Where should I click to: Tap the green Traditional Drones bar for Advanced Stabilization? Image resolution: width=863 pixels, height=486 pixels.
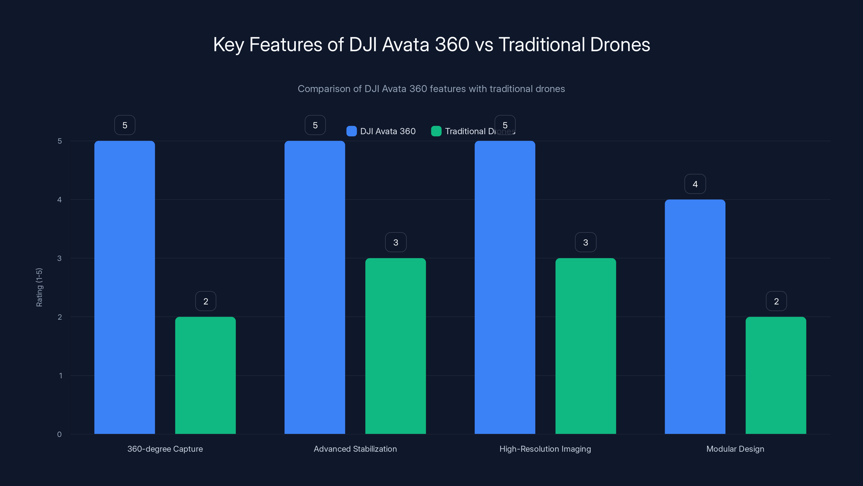coord(395,346)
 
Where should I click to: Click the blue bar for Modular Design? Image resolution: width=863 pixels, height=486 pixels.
coord(695,317)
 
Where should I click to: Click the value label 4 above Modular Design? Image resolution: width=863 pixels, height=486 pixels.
coord(695,184)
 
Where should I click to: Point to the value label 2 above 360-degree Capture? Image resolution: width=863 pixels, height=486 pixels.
coord(206,301)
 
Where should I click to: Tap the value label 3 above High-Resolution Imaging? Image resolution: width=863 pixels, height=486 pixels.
coord(585,242)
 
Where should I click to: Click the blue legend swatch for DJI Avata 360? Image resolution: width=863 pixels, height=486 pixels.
coord(351,131)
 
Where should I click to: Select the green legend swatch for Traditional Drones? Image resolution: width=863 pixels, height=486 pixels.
coord(436,131)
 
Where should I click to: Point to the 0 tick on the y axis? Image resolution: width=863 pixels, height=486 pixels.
coord(59,434)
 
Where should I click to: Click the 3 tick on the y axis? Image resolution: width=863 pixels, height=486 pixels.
coord(59,258)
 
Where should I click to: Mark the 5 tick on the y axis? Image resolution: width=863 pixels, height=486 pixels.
coord(60,141)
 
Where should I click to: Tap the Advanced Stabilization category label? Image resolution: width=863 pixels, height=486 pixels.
coord(355,449)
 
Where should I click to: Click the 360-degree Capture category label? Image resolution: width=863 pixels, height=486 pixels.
coord(165,449)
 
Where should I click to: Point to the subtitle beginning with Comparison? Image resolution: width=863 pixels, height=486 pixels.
coord(431,89)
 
